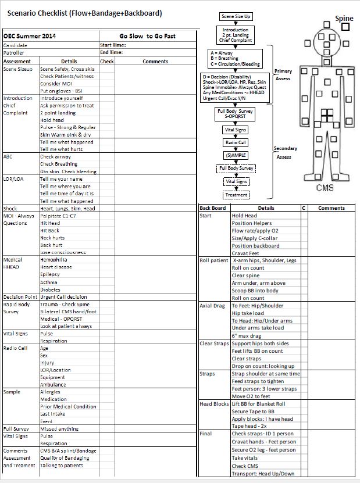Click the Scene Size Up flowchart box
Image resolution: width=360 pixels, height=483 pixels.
(236, 18)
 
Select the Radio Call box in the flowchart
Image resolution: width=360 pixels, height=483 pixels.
(235, 142)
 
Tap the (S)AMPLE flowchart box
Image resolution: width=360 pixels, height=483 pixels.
(235, 156)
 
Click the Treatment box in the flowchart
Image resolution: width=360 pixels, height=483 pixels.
(236, 195)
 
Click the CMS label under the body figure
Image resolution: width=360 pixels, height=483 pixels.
(325, 188)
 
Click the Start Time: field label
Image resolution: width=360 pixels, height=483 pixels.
(112, 45)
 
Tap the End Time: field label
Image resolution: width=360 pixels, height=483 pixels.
(111, 52)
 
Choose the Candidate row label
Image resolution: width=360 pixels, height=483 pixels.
(15, 45)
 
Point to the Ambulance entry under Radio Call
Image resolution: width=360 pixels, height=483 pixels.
(53, 384)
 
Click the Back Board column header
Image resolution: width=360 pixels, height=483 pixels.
(212, 207)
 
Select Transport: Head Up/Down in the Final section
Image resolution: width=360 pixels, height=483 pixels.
(262, 473)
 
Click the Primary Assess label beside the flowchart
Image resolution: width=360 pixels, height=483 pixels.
(283, 75)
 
